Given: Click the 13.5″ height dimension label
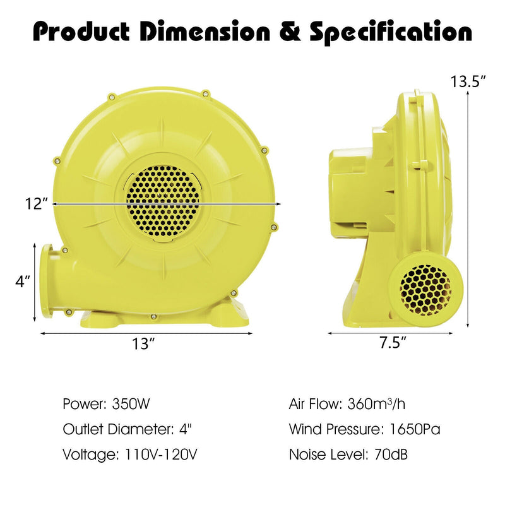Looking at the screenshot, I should (468, 81).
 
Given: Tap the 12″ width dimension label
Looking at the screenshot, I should (37, 204).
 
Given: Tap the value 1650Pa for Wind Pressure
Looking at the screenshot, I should (411, 429).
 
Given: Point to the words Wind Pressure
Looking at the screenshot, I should (333, 429).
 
